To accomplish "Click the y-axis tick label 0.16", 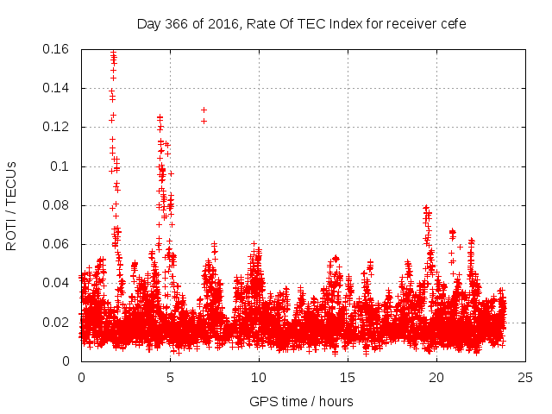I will pyautogui.click(x=58, y=49).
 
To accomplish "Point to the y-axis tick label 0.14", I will pyautogui.click(x=58, y=88).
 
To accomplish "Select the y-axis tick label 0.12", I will pyautogui.click(x=58, y=127).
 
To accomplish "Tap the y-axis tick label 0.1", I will pyautogui.click(x=62, y=166).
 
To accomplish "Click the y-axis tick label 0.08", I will pyautogui.click(x=58, y=205).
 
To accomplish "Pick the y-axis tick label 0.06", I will pyautogui.click(x=58, y=244).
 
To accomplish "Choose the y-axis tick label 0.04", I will pyautogui.click(x=58, y=283).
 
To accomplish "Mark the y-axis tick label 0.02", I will pyautogui.click(x=58, y=323).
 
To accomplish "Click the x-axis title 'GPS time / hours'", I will pyautogui.click(x=301, y=401).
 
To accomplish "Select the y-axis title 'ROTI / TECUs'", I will pyautogui.click(x=11, y=205).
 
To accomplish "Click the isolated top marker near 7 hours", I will pyautogui.click(x=204, y=110).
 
